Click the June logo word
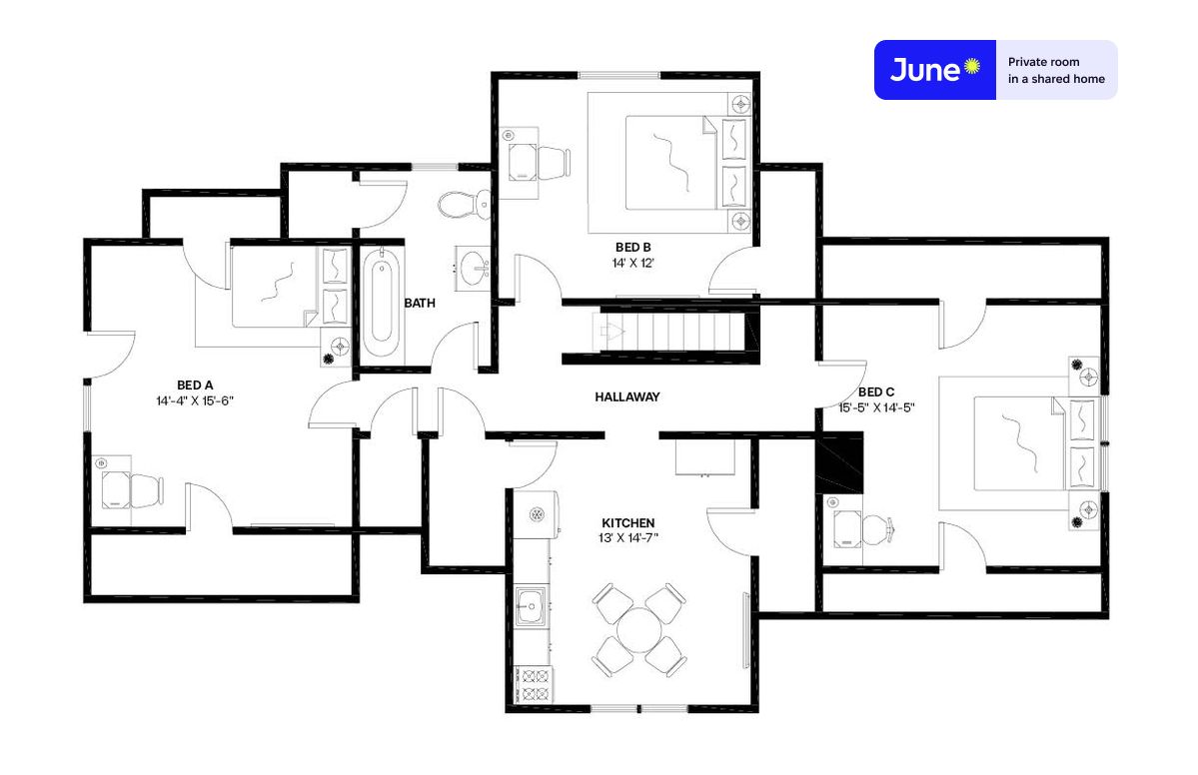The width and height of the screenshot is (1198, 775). tap(925, 70)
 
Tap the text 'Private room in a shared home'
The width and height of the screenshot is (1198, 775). tap(1056, 70)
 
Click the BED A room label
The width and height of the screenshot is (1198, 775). tap(195, 386)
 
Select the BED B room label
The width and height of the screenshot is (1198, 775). tap(633, 248)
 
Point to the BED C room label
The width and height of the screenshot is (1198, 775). tap(876, 392)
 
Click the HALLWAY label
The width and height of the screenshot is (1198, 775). tap(627, 397)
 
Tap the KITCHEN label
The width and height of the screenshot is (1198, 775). tap(628, 523)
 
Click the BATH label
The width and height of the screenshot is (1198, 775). tap(420, 304)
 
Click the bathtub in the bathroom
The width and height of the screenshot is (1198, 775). tap(382, 304)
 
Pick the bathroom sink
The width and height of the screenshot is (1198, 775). tap(473, 268)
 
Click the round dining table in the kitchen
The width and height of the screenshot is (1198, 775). tap(639, 630)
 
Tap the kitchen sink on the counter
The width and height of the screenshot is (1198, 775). tap(531, 607)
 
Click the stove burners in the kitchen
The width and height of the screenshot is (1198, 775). tap(533, 685)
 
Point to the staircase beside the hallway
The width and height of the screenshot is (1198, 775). tap(668, 333)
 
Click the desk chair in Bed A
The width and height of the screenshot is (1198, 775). tap(147, 491)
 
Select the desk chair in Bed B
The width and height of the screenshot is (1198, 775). tap(554, 163)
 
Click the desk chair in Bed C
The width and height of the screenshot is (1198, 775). tap(878, 530)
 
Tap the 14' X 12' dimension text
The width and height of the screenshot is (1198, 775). tap(633, 263)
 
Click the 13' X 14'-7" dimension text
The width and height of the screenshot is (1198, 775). tap(628, 538)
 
